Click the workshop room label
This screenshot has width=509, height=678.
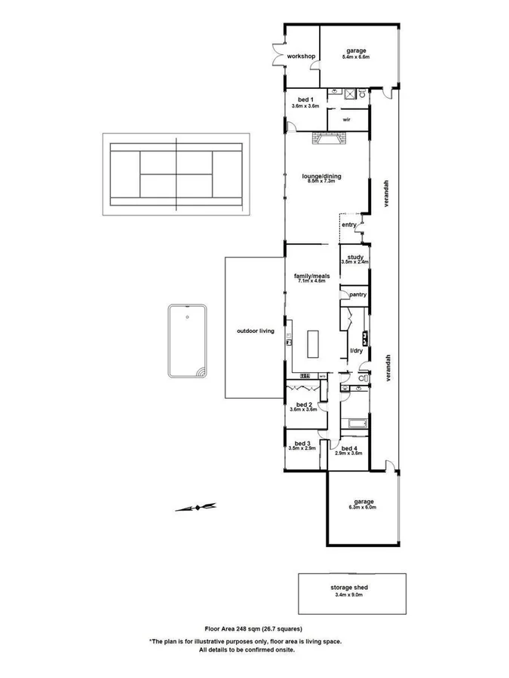pyautogui.click(x=300, y=56)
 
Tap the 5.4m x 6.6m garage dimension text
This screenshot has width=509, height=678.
pyautogui.click(x=355, y=57)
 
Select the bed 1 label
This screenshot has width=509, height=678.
pyautogui.click(x=305, y=100)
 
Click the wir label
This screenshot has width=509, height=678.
pyautogui.click(x=346, y=119)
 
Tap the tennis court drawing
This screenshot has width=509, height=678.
pyautogui.click(x=176, y=173)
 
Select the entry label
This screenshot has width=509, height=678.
pyautogui.click(x=348, y=224)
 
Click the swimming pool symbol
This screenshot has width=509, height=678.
pyautogui.click(x=188, y=341)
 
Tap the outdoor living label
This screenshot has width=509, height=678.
pyautogui.click(x=255, y=331)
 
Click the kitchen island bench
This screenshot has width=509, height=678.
pyautogui.click(x=313, y=344)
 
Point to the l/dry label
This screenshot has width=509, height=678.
pyautogui.click(x=357, y=352)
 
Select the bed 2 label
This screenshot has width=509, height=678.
pyautogui.click(x=304, y=405)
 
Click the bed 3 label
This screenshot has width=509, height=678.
pyautogui.click(x=302, y=443)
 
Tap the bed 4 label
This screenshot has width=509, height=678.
pyautogui.click(x=349, y=447)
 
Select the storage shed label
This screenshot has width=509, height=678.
pyautogui.click(x=348, y=588)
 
